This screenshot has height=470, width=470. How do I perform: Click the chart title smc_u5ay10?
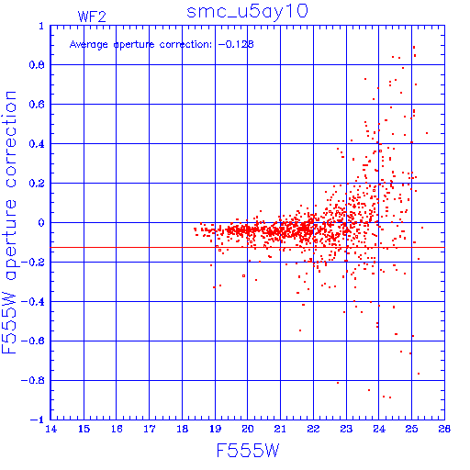pos(247,12)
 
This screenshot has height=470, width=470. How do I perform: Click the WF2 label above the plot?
pos(92,17)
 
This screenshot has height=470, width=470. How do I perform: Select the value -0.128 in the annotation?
pos(236,44)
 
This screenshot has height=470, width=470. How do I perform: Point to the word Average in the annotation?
pos(89,45)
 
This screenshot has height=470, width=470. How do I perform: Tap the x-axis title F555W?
pos(248,451)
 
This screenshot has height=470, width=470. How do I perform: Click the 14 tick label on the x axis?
pos(51,429)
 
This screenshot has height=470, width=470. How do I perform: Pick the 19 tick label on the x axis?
pos(216,429)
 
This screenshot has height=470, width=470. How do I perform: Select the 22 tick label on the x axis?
pos(314,429)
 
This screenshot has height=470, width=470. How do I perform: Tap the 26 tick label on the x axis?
pos(444,429)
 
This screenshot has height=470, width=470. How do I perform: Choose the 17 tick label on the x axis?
pos(150,429)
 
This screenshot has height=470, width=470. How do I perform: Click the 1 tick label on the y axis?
pos(41,26)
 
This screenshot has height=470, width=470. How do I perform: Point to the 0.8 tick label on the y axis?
pos(37,65)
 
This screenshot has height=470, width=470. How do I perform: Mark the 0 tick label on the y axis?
pos(41,223)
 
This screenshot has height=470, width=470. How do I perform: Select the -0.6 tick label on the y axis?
pos(33,341)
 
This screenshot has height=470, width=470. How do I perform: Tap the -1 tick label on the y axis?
pos(38,420)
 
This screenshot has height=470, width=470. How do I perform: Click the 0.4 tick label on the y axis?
pos(37,144)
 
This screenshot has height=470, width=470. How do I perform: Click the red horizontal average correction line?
pos(248,247)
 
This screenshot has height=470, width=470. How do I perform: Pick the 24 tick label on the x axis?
pos(379,429)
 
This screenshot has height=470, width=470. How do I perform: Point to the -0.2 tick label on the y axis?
pos(33,263)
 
